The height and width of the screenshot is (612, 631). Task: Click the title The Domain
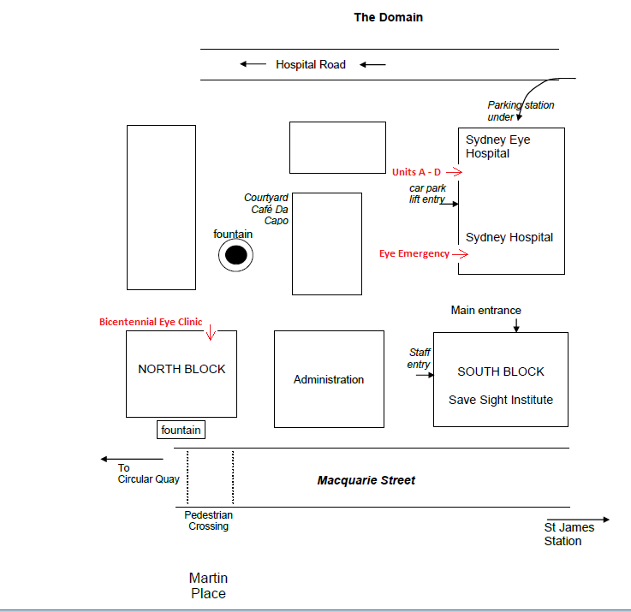(x=388, y=17)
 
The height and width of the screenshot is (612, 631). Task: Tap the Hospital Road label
(x=310, y=64)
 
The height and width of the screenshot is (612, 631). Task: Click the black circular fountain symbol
(x=235, y=255)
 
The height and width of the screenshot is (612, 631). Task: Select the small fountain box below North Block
(x=182, y=430)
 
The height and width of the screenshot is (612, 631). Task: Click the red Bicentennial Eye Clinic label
(x=151, y=322)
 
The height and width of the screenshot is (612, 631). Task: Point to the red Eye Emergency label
(x=414, y=253)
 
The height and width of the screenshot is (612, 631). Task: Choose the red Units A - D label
(x=416, y=172)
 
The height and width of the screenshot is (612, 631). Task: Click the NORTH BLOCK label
(x=182, y=369)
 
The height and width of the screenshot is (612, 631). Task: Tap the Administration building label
(x=328, y=379)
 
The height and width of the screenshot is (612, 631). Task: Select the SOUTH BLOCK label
(x=500, y=371)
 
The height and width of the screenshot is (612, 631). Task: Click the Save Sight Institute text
(x=500, y=400)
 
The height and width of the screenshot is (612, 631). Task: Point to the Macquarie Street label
(x=366, y=480)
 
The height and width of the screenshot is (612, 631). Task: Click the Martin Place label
(x=208, y=585)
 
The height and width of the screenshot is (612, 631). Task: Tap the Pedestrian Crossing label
(x=208, y=520)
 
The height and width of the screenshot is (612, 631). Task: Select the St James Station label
(x=568, y=534)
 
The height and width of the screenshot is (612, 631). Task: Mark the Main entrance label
(x=485, y=310)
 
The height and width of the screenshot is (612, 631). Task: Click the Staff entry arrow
(x=423, y=374)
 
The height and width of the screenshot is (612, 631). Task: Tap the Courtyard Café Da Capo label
(x=266, y=209)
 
